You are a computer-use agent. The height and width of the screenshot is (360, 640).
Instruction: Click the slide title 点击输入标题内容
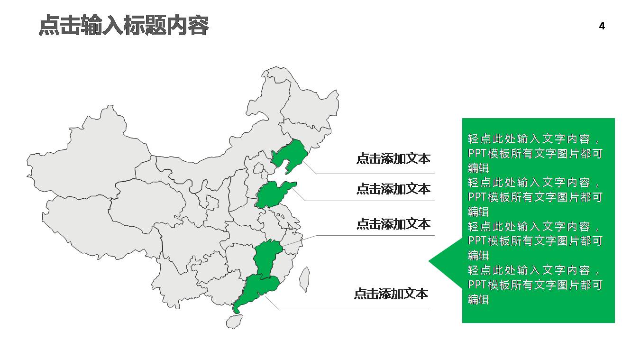click(x=123, y=26)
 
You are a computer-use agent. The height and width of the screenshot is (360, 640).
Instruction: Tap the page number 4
click(x=602, y=27)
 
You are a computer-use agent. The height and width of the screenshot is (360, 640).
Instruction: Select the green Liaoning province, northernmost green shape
click(x=290, y=154)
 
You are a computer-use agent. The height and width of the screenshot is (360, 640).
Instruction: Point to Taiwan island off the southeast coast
click(x=304, y=279)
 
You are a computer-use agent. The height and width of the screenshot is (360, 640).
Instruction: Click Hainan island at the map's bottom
click(x=234, y=322)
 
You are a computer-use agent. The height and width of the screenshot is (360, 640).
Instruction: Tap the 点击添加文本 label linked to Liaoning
click(x=393, y=158)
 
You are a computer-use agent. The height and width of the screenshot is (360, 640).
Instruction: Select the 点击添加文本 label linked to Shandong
click(x=393, y=189)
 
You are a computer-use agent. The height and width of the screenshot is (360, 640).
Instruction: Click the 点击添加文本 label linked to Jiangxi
click(x=393, y=223)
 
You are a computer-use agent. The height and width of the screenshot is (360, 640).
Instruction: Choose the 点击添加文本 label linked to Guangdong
click(x=391, y=294)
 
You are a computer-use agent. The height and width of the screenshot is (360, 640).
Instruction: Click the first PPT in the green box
click(x=476, y=154)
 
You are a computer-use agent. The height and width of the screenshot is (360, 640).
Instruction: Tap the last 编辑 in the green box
click(x=478, y=299)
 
